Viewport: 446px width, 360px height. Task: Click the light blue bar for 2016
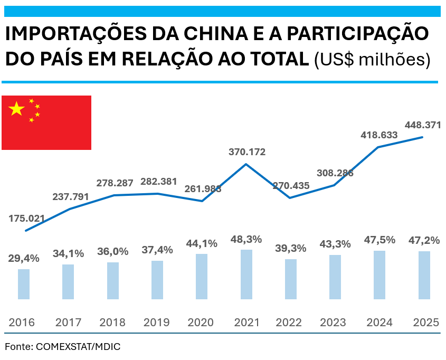pos(24,284)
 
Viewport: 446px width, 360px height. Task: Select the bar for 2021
pos(246,274)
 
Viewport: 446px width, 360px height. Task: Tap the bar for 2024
pos(379,275)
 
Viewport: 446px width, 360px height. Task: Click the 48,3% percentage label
pos(246,240)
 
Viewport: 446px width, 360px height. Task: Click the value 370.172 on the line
pos(247,152)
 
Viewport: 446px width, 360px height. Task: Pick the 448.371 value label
pos(423,125)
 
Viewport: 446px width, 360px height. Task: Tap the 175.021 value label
pos(27,218)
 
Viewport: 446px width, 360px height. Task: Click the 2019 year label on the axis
pos(157,323)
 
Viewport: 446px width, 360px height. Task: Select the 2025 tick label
pos(426,323)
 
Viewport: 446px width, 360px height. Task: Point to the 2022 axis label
pos(291,323)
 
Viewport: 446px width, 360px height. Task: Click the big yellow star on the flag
pos(17,109)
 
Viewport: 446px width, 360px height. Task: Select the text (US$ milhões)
pos(372,60)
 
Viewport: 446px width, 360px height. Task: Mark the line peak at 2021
pos(246,164)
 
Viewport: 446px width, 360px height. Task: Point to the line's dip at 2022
pos(290,198)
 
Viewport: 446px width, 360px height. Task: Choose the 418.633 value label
pos(379,135)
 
